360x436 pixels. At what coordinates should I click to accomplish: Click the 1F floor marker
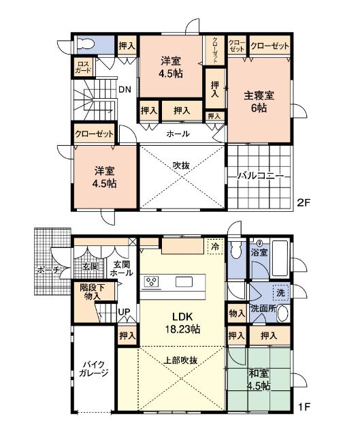pyautogui.click(x=304, y=407)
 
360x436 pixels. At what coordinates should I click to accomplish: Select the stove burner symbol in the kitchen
pyautogui.click(x=152, y=282)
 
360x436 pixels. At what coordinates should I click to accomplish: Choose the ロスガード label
pyautogui.click(x=82, y=67)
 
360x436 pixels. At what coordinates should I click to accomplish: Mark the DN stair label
pyautogui.click(x=125, y=89)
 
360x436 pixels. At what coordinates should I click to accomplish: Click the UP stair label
pyautogui.click(x=125, y=313)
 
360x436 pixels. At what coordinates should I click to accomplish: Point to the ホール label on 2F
pyautogui.click(x=179, y=134)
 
